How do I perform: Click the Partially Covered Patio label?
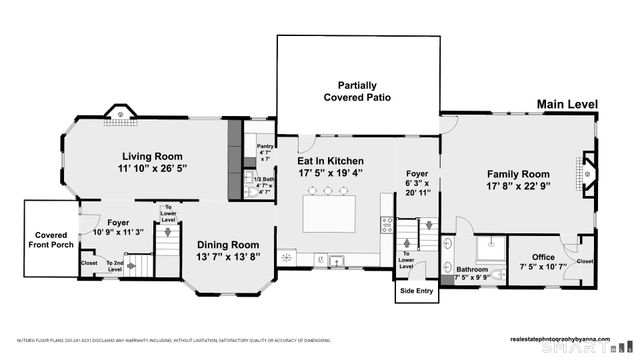[x=356, y=91]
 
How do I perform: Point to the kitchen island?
[x=330, y=212]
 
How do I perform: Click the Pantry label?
[x=264, y=147]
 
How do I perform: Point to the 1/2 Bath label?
[x=264, y=179]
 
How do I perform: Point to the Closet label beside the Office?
[x=585, y=261]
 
